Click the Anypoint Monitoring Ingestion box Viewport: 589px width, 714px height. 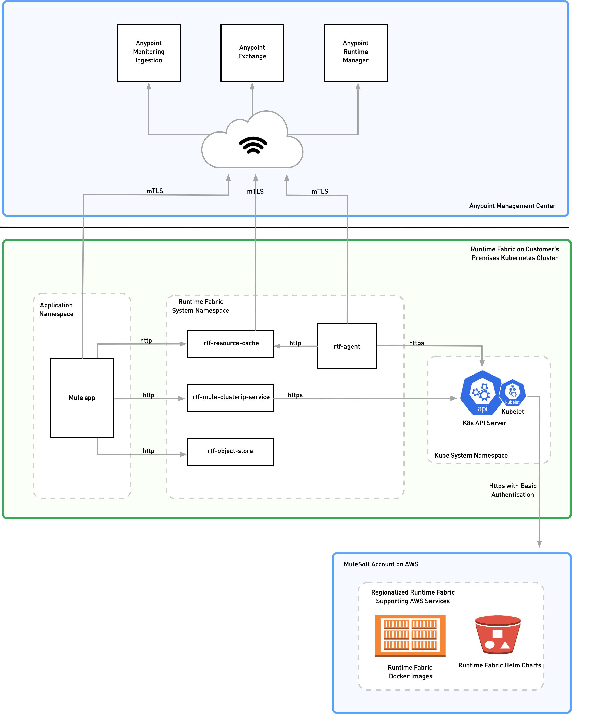pyautogui.click(x=149, y=53)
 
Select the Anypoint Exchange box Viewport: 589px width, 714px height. pyautogui.click(x=252, y=53)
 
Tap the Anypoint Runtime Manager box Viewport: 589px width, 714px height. pyautogui.click(x=355, y=53)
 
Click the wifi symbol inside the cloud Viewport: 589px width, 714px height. pyautogui.click(x=253, y=145)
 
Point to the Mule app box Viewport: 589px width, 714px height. pyautogui.click(x=82, y=398)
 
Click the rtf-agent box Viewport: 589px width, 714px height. pyautogui.click(x=347, y=346)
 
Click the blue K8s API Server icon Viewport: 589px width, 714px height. pyautogui.click(x=481, y=393)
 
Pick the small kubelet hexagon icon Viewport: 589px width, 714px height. pyautogui.click(x=512, y=392)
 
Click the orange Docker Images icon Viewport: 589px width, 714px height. pyautogui.click(x=410, y=635)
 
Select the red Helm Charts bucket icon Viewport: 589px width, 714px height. pyautogui.click(x=498, y=634)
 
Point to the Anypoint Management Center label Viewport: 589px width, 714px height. pyautogui.click(x=512, y=206)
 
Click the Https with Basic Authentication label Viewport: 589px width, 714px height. pyautogui.click(x=512, y=490)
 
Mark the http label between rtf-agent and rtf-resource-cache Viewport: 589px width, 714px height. pyautogui.click(x=295, y=343)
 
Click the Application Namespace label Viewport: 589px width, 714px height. pyautogui.click(x=56, y=309)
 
